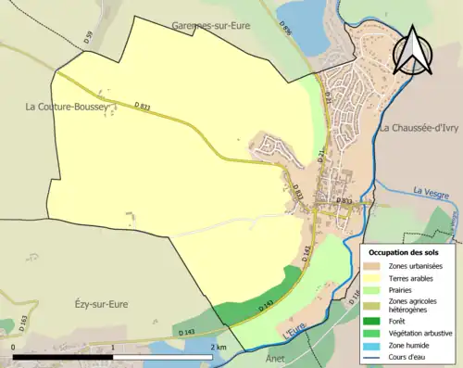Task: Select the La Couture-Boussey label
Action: [x=67, y=108]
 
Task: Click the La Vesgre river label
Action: [x=430, y=192]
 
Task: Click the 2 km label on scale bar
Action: [x=219, y=347]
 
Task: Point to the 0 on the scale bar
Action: [x=14, y=347]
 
